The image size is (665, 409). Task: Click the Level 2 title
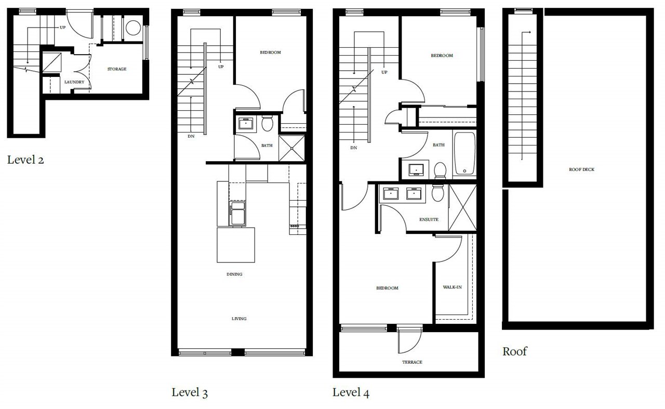[25, 160]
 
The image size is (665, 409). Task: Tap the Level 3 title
[190, 392]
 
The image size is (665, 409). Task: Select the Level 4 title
[351, 392]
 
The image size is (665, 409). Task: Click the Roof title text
[514, 351]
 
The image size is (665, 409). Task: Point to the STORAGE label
[117, 69]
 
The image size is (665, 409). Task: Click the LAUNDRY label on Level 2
[74, 82]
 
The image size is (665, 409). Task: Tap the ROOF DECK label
[581, 169]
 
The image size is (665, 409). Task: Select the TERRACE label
[412, 362]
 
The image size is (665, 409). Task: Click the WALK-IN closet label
[452, 287]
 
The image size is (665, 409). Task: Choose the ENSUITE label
[429, 219]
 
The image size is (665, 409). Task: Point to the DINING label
[234, 274]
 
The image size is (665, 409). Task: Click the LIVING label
[239, 319]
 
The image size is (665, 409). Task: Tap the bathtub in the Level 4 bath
[464, 153]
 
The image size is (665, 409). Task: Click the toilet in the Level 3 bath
[267, 123]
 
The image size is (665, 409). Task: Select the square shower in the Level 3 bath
[291, 148]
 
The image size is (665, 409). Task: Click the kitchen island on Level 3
[236, 245]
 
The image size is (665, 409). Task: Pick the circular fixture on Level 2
[133, 28]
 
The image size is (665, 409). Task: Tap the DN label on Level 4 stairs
[354, 148]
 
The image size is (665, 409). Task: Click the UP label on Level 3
[221, 67]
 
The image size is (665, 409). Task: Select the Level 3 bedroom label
[271, 52]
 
